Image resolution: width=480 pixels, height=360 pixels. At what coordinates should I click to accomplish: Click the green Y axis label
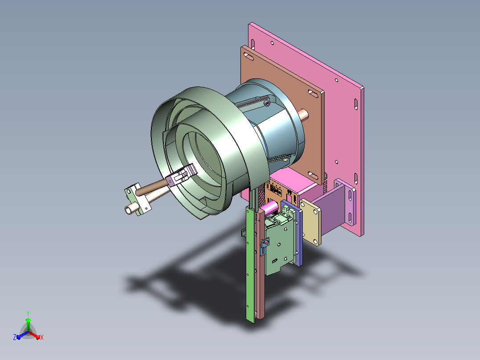(28, 313)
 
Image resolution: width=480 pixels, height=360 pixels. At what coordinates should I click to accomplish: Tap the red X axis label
(42, 337)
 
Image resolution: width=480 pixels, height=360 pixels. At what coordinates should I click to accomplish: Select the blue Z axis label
(14, 337)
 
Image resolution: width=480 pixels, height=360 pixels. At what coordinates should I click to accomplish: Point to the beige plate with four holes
(310, 221)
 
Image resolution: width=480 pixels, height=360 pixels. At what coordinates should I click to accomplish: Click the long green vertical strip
(250, 263)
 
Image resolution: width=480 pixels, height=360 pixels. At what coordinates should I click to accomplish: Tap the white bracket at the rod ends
(137, 199)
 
